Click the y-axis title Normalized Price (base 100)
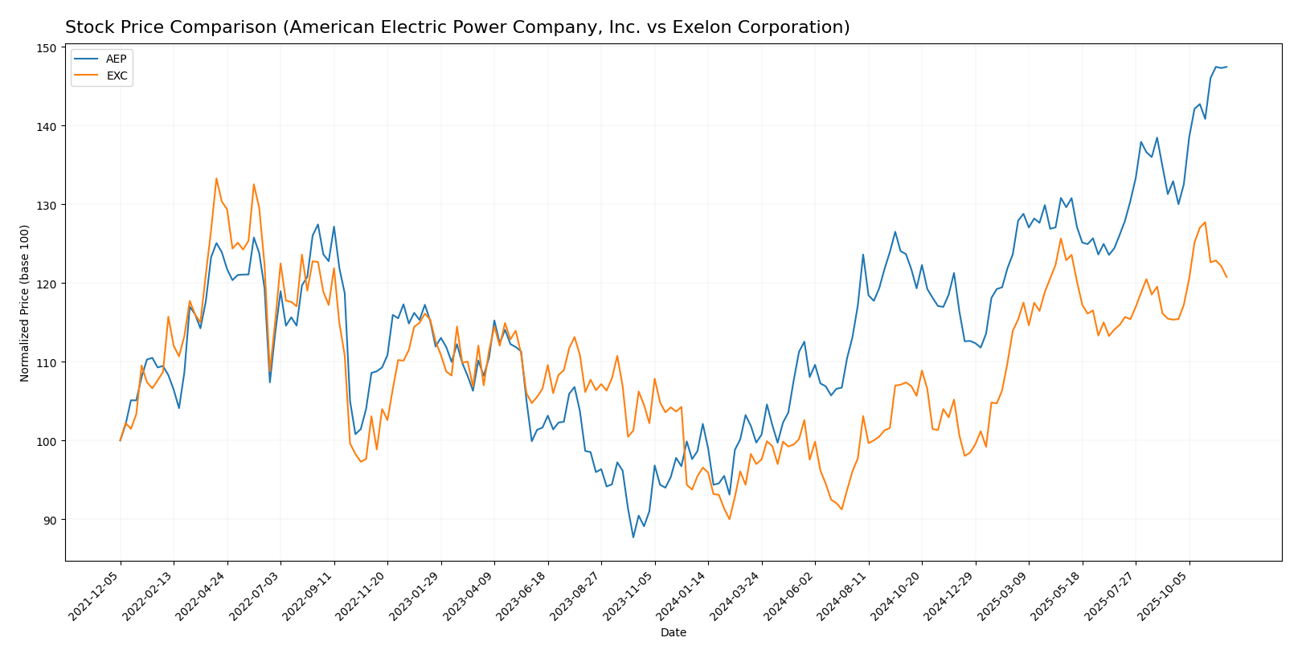click(25, 303)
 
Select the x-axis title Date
click(673, 633)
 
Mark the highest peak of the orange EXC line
click(216, 178)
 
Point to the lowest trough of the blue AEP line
click(633, 537)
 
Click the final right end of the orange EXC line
click(1226, 277)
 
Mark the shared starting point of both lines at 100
click(121, 440)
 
